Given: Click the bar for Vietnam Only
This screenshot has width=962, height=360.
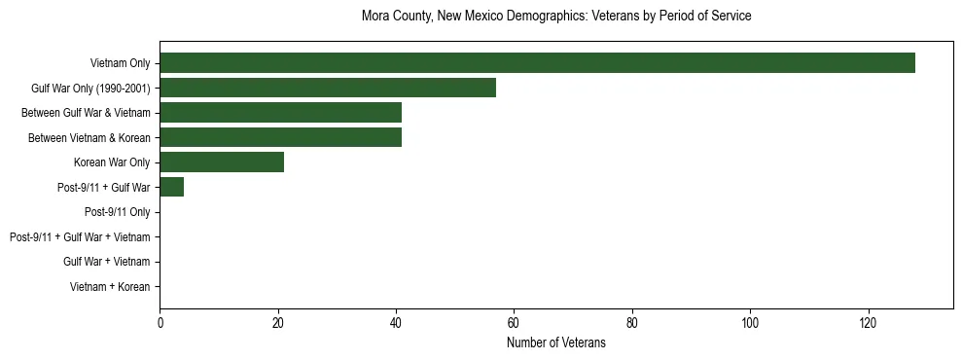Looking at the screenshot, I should tap(537, 63).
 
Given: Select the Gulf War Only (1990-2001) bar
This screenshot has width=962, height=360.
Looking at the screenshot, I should tap(328, 88).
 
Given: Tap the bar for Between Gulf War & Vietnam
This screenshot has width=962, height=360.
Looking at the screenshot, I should tap(280, 113).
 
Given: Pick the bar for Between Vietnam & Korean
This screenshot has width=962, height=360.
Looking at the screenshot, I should tap(280, 137).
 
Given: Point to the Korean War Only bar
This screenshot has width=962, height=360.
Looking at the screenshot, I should tap(222, 162).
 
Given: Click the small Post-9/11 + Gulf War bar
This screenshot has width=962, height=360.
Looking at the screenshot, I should tap(171, 187).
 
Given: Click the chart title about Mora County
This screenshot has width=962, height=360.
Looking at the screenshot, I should tap(555, 17).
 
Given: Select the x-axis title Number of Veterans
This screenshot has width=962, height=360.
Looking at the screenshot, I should tap(555, 342).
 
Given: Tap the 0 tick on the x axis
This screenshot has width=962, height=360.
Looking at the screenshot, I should tap(160, 322).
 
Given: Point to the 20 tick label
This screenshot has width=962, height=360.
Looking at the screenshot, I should tap(278, 322).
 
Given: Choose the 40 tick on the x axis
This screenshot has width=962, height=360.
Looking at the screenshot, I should tap(396, 322).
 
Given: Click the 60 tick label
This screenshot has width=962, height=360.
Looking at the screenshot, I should tap(514, 322).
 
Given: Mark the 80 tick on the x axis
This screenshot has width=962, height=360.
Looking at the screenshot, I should tap(632, 322).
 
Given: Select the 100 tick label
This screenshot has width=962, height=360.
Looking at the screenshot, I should tap(750, 322).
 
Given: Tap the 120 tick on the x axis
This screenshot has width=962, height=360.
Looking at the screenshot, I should tap(869, 322).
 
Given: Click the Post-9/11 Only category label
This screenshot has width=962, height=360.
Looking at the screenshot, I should tap(117, 212).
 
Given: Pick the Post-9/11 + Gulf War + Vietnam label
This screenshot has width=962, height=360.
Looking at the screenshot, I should tap(80, 236).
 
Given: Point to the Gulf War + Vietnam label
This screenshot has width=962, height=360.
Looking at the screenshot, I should tap(106, 262).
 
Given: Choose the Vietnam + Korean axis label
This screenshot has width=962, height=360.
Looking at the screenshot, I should tap(110, 286).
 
